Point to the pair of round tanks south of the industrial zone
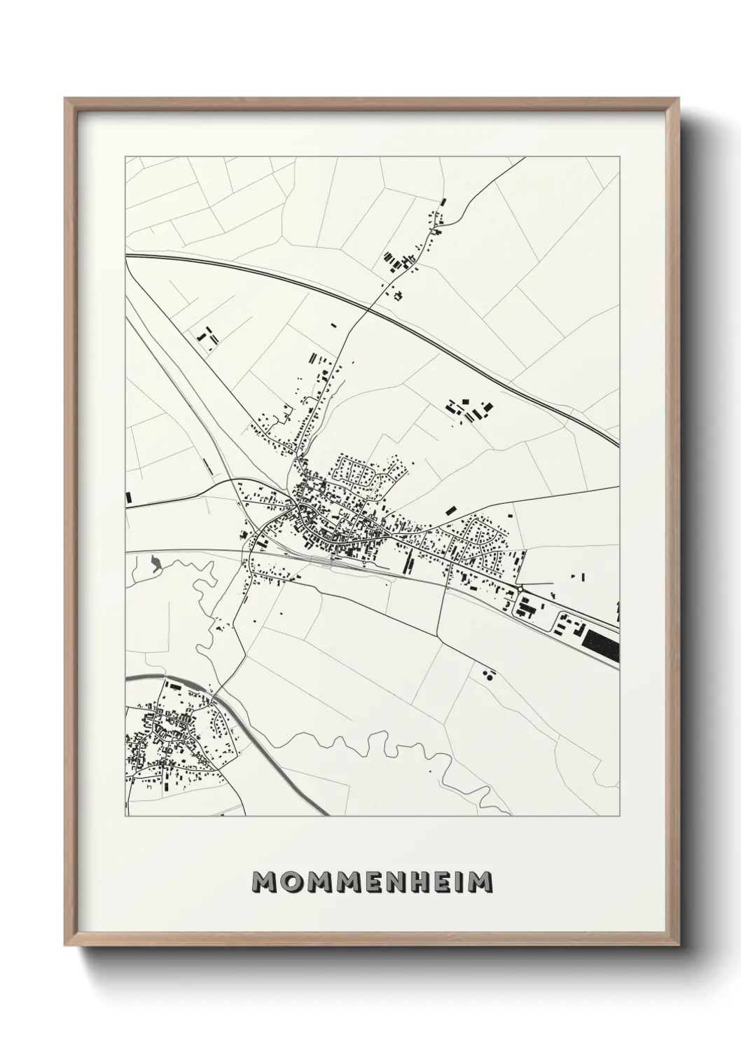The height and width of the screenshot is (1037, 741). pos(487,675)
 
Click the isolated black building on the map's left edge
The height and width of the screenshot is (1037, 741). pos(128,497)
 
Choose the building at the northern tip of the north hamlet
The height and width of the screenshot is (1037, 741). pos(443,202)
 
